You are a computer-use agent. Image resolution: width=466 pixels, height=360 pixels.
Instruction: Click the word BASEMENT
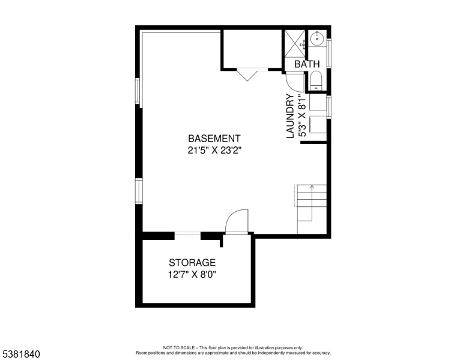[x=214, y=139]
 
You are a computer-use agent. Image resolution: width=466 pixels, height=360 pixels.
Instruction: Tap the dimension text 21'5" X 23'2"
[x=214, y=151]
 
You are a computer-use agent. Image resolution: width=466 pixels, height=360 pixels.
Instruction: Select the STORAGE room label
[x=192, y=263]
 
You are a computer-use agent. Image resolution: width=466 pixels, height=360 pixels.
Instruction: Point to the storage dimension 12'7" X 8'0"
[x=192, y=275]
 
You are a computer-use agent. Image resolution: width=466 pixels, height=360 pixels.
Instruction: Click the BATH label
[x=307, y=64]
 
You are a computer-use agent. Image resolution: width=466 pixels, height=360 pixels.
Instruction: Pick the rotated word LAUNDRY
[x=290, y=116]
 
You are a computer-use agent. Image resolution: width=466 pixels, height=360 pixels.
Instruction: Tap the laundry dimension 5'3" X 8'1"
[x=301, y=116]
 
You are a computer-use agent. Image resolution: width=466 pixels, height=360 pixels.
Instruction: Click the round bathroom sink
[x=317, y=38]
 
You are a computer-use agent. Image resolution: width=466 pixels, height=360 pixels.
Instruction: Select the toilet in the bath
[x=316, y=80]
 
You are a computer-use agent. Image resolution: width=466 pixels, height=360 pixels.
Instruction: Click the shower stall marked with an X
[x=295, y=43]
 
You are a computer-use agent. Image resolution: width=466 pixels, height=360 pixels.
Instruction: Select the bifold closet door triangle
[x=247, y=75]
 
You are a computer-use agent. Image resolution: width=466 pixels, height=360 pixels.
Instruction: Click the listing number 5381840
[x=21, y=354]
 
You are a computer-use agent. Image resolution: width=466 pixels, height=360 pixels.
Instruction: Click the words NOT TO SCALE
[x=178, y=347]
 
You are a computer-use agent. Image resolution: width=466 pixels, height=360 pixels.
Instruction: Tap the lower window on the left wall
[x=139, y=191]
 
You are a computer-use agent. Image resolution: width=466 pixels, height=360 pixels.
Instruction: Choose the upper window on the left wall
[x=138, y=91]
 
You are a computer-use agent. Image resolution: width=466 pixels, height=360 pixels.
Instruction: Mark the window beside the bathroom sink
[x=328, y=53]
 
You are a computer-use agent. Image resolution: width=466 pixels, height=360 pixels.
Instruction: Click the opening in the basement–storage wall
[x=187, y=235]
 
